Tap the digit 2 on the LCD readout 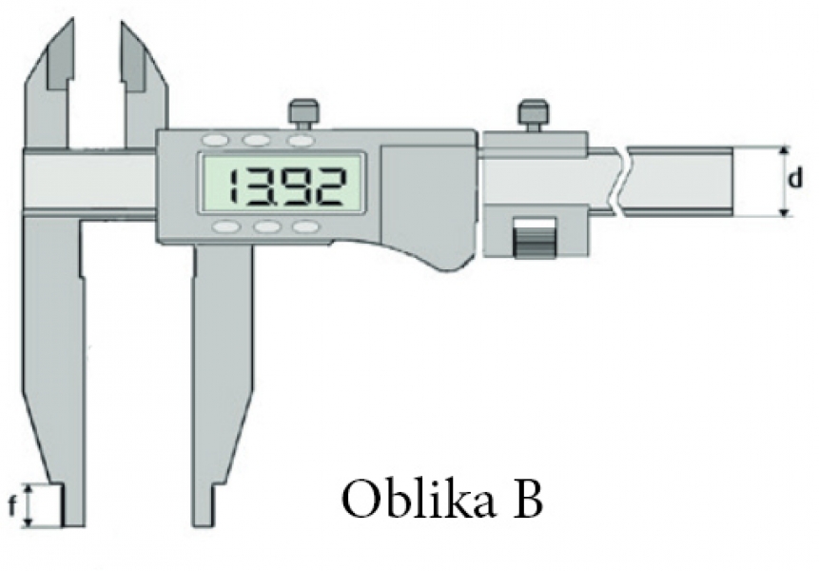pyautogui.click(x=329, y=186)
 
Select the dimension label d pyautogui.click(x=794, y=179)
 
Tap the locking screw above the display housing pyautogui.click(x=302, y=115)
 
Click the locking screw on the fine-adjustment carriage pyautogui.click(x=532, y=116)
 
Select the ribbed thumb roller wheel pyautogui.click(x=535, y=238)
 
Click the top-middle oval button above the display pyautogui.click(x=257, y=140)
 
